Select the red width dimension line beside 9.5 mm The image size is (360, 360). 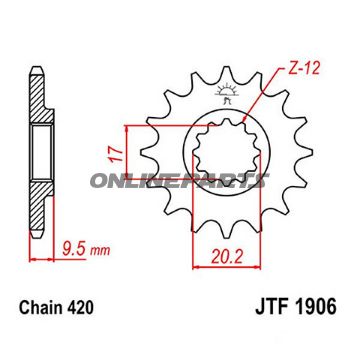click(x=40, y=256)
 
